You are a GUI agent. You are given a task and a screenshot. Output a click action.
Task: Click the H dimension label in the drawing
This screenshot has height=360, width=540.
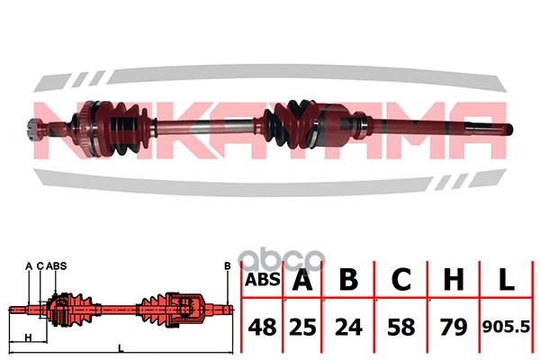29,337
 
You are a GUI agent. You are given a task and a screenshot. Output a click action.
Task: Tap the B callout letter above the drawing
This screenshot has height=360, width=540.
228,265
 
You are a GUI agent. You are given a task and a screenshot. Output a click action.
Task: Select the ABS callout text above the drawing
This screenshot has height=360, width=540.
56,265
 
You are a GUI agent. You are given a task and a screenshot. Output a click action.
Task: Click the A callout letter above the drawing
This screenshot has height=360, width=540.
29,265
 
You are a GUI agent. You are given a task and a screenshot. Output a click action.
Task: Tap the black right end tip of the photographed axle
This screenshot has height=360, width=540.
508,128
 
